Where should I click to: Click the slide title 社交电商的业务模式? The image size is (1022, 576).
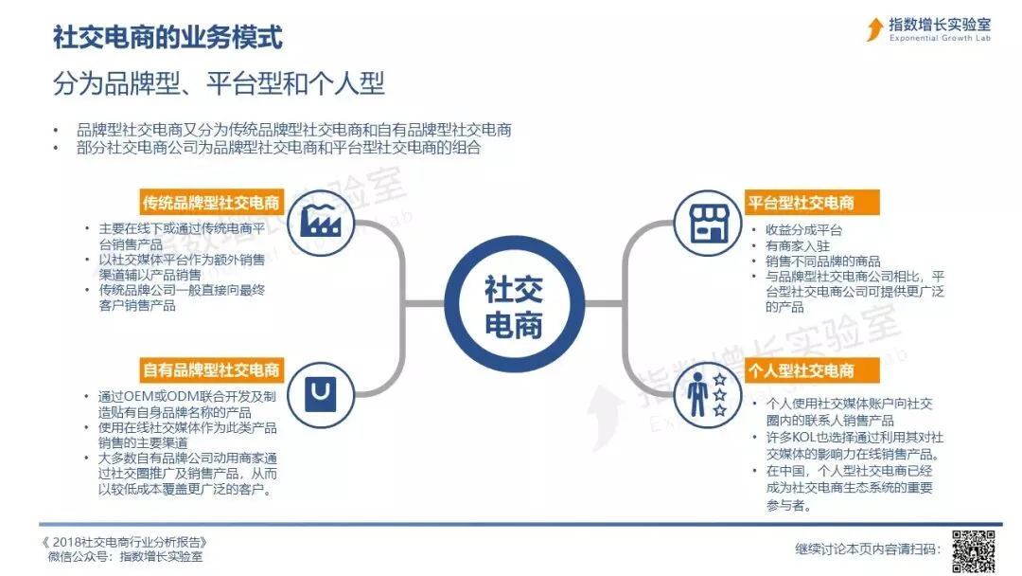tap(167, 39)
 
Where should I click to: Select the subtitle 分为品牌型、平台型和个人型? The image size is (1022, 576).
tap(219, 83)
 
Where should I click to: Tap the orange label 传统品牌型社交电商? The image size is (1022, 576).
tap(211, 203)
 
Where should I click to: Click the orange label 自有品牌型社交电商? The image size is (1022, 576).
tap(211, 369)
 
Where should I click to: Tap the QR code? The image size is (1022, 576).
tap(973, 549)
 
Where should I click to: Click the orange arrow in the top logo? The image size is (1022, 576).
tap(874, 29)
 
